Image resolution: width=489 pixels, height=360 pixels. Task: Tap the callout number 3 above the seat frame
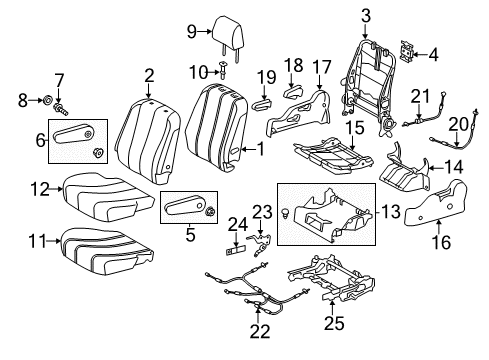click(365, 13)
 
